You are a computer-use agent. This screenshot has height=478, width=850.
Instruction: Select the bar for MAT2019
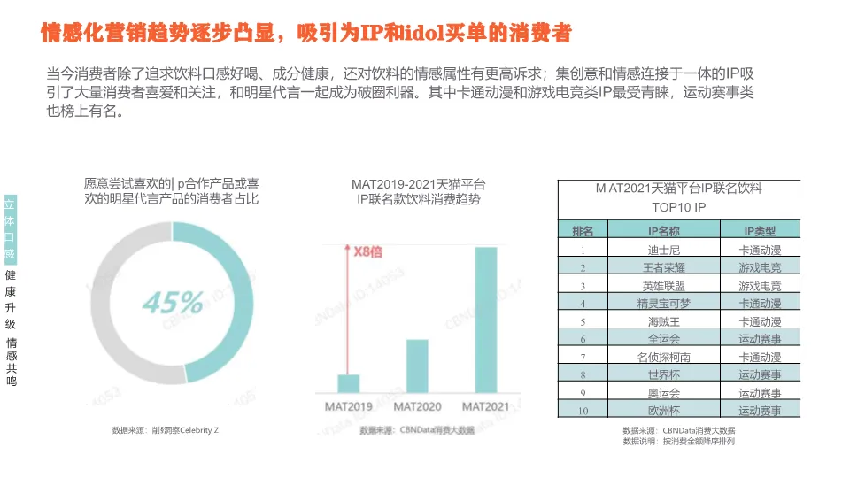point(349,383)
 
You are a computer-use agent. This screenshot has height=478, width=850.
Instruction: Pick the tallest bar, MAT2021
point(485,320)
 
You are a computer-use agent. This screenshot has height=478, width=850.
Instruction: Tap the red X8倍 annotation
point(362,251)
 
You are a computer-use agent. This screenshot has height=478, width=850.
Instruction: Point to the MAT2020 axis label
point(417,407)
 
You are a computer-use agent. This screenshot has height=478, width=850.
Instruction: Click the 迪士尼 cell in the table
point(664,250)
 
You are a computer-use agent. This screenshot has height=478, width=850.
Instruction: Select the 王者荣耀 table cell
point(664,267)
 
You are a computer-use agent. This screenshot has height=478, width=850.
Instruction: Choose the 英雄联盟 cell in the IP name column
point(664,285)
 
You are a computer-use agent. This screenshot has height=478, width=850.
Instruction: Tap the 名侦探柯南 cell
point(664,357)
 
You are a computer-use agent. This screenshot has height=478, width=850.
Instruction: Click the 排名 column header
point(583,231)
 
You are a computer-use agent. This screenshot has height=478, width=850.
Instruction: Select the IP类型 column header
point(760,231)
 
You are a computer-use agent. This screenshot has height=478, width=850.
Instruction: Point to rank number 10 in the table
point(583,411)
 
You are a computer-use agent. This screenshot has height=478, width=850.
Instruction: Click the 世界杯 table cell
point(664,374)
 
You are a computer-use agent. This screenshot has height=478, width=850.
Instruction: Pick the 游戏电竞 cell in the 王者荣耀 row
point(760,267)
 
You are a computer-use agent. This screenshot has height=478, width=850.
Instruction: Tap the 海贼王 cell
point(664,321)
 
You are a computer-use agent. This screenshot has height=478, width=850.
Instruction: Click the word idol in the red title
point(423,34)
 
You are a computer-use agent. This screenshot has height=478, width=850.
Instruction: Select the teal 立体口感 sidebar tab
point(10,227)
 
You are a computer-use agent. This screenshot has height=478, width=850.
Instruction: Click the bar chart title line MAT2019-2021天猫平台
point(418,184)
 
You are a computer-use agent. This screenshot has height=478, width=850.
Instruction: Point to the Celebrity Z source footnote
point(166,430)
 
